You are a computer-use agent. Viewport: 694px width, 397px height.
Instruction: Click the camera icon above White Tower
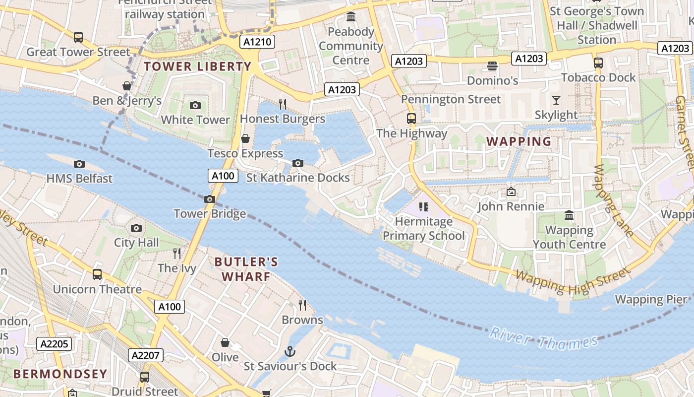195,105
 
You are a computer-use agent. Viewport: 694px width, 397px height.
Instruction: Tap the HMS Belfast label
79,178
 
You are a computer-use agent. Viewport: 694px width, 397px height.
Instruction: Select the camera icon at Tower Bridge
210,199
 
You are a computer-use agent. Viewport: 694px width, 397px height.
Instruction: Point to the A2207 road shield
146,355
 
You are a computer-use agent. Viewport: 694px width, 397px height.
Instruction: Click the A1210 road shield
257,42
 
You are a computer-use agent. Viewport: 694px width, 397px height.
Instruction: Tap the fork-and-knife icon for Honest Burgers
283,104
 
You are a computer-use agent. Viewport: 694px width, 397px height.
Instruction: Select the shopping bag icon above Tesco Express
245,138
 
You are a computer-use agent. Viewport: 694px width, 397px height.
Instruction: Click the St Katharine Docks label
298,177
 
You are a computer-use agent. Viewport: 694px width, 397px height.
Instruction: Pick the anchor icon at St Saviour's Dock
289,352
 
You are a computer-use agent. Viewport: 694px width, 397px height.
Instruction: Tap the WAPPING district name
519,141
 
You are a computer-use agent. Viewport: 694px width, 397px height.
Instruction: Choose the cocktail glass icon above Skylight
556,100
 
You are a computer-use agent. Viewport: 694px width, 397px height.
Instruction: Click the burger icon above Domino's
492,66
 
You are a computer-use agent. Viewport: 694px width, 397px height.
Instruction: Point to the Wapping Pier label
651,299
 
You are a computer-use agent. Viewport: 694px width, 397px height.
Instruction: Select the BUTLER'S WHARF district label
246,269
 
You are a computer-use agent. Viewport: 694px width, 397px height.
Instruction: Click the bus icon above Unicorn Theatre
97,274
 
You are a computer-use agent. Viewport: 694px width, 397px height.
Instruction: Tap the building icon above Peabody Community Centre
351,17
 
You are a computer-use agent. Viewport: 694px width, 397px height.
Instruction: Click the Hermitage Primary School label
424,228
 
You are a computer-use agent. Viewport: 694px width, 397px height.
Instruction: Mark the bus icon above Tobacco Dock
598,63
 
